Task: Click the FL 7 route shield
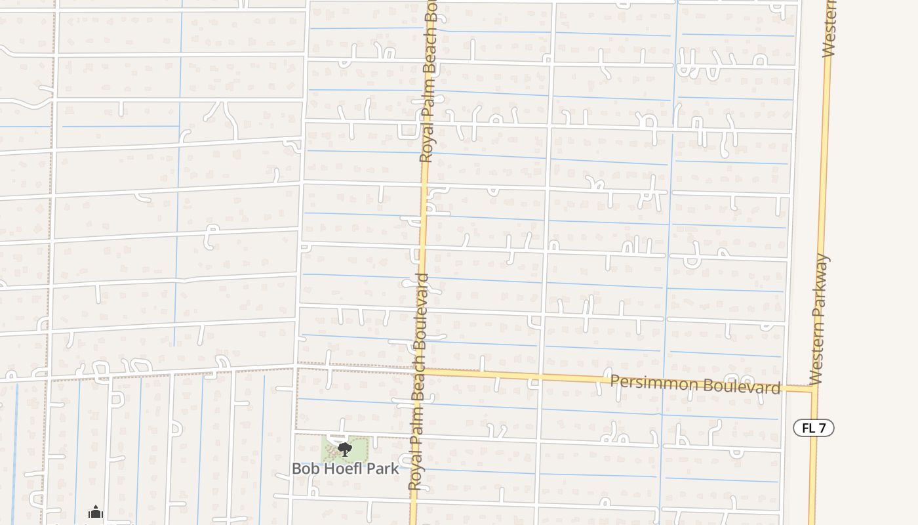[x=813, y=428]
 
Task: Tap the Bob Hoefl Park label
[x=345, y=469]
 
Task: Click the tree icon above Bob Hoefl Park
[x=345, y=450]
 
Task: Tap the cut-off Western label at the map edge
[x=829, y=30]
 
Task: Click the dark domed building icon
[x=96, y=512]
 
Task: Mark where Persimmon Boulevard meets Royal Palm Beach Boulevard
[x=420, y=371]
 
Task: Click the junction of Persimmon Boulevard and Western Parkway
[x=814, y=389]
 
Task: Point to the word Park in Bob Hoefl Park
[x=384, y=469]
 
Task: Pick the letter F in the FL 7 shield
[x=806, y=428]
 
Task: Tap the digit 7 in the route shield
[x=824, y=428]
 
